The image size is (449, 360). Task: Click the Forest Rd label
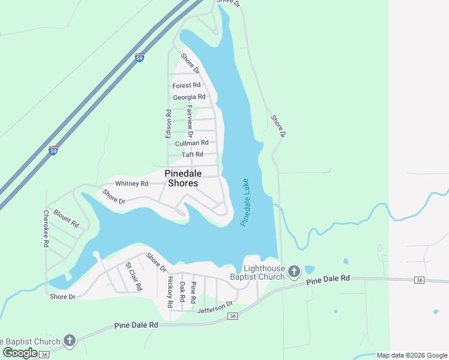tap(186, 86)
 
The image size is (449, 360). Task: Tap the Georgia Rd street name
tap(189, 97)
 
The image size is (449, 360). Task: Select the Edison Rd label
tap(169, 124)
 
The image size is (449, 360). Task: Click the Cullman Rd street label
tap(191, 143)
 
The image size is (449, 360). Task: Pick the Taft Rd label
tap(193, 155)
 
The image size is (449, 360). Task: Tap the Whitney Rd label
tap(131, 184)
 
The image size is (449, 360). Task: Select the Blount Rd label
tap(66, 218)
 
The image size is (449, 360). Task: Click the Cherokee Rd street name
tap(46, 229)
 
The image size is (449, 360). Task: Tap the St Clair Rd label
tap(133, 277)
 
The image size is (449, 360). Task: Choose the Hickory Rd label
tap(170, 292)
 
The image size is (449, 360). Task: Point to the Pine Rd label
tap(193, 290)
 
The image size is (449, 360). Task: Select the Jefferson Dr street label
tap(214, 308)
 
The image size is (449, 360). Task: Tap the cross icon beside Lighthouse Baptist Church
tap(294, 272)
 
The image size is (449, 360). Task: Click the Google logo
tap(20, 353)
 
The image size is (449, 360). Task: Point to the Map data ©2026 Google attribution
tap(411, 356)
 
